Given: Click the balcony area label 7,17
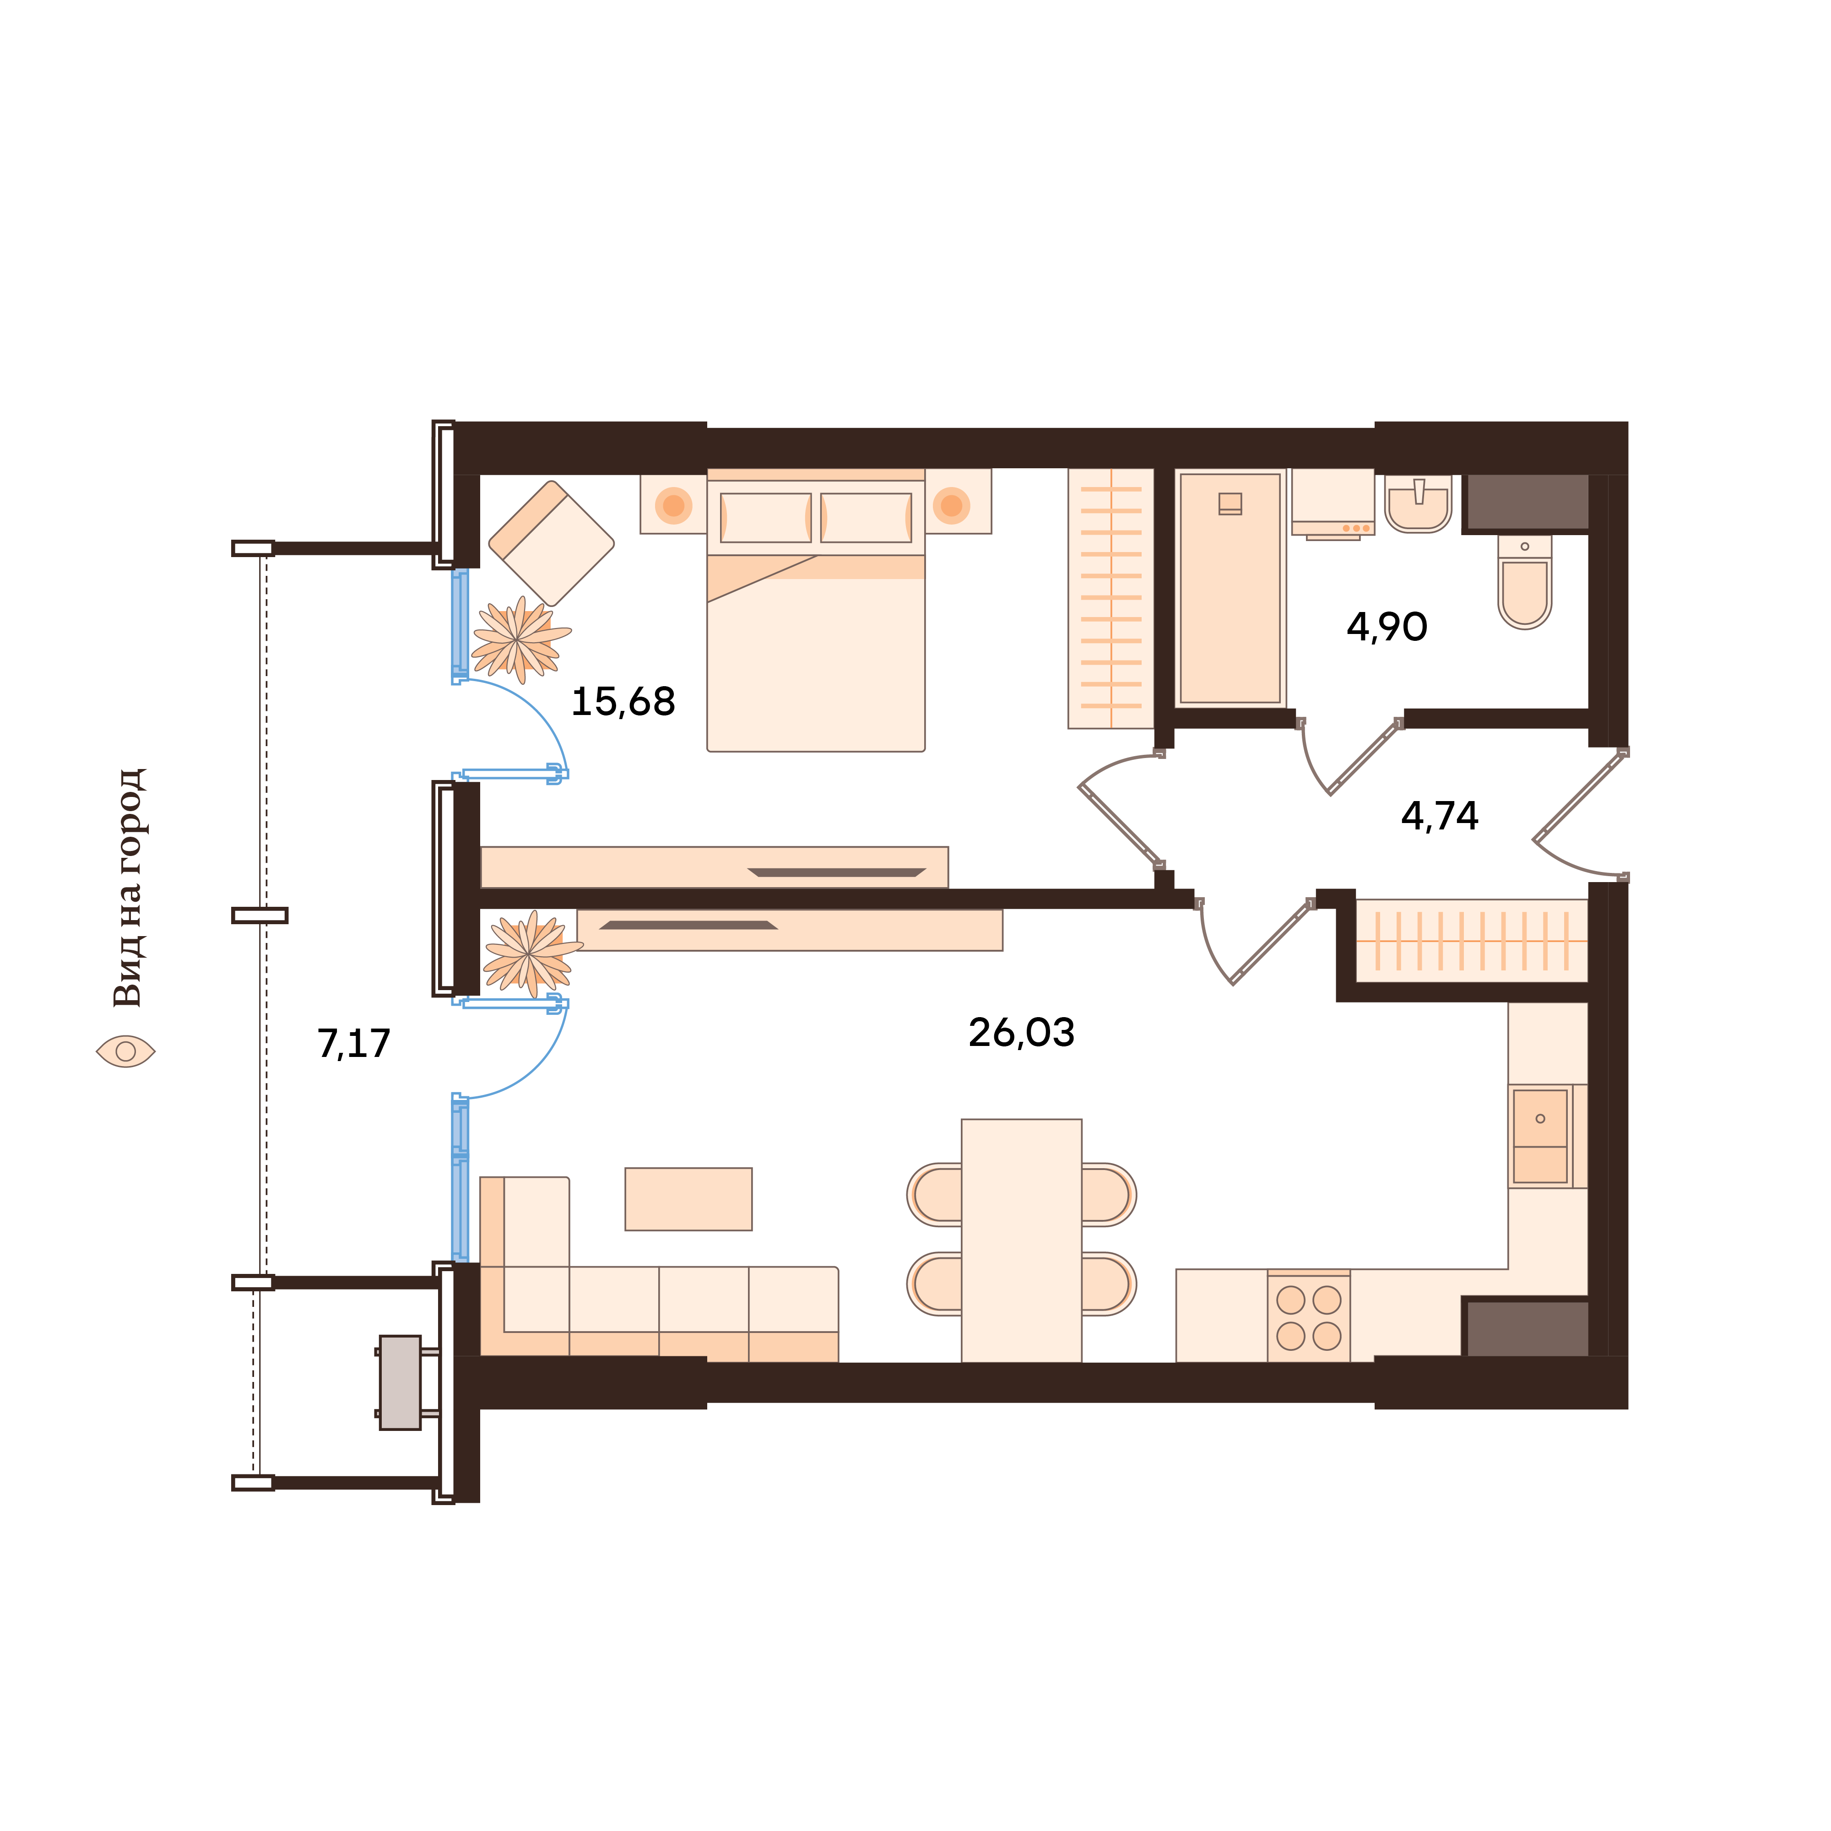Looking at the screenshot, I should coord(353,1044).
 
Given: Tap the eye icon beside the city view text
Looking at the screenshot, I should coord(125,1051).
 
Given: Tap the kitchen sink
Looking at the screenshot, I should coord(1540,1136).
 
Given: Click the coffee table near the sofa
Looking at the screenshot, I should coord(688,1199).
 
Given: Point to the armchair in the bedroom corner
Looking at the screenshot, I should coord(552,543).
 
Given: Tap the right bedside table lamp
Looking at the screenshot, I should coord(952,505).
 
